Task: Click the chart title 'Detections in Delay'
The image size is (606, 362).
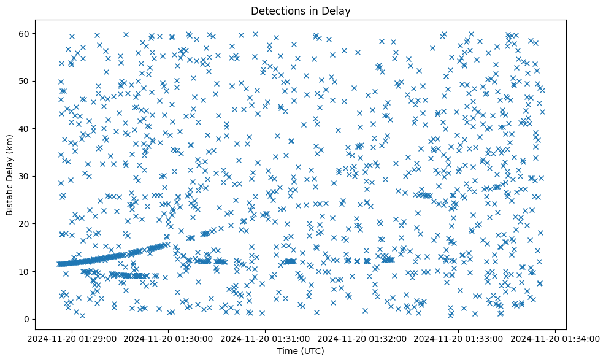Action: [301, 10]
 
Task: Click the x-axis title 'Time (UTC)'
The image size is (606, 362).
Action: [301, 352]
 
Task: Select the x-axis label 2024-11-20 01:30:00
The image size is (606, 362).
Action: [169, 338]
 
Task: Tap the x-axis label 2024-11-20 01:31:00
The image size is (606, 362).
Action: [266, 338]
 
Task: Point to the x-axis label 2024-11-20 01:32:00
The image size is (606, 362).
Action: [362, 338]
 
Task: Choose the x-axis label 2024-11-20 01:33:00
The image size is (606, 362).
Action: [459, 338]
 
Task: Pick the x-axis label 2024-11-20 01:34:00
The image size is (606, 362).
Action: [556, 338]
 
